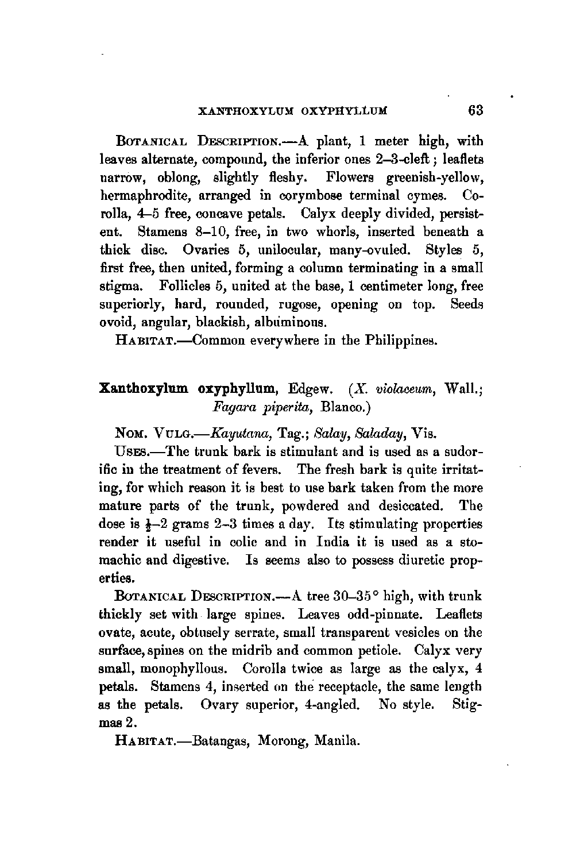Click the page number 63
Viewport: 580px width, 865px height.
pyautogui.click(x=475, y=110)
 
